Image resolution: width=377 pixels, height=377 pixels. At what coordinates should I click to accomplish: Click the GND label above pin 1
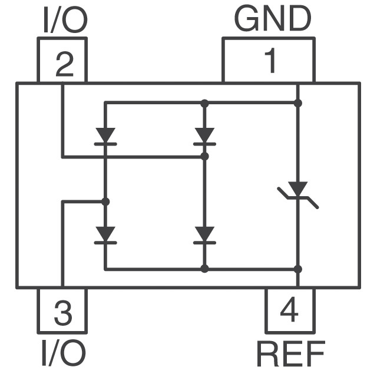[272, 19]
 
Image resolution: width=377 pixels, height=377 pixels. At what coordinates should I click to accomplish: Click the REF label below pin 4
[291, 353]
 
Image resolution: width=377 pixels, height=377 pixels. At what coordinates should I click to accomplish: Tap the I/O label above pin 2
[65, 19]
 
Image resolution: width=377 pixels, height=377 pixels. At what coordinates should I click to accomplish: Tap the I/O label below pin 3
[64, 353]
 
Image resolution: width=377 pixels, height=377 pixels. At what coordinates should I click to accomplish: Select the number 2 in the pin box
[64, 64]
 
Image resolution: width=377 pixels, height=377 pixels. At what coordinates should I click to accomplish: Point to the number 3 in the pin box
[63, 313]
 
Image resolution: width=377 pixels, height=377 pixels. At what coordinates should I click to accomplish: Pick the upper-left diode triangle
[105, 135]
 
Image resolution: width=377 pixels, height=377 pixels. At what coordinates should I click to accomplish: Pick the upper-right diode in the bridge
[204, 137]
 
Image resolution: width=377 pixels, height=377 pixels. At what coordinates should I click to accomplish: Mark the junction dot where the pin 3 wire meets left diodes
[105, 201]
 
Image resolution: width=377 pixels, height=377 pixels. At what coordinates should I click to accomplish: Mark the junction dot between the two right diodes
[204, 157]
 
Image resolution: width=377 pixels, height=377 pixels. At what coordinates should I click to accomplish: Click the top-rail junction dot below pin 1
[298, 103]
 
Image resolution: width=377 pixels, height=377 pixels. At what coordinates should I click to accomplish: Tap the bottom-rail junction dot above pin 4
[298, 269]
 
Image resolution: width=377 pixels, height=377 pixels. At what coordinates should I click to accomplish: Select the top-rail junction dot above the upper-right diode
[204, 104]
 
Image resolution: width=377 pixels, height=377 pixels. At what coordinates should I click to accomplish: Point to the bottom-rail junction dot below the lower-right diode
[204, 269]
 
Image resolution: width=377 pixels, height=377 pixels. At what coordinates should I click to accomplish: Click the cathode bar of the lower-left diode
[105, 243]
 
